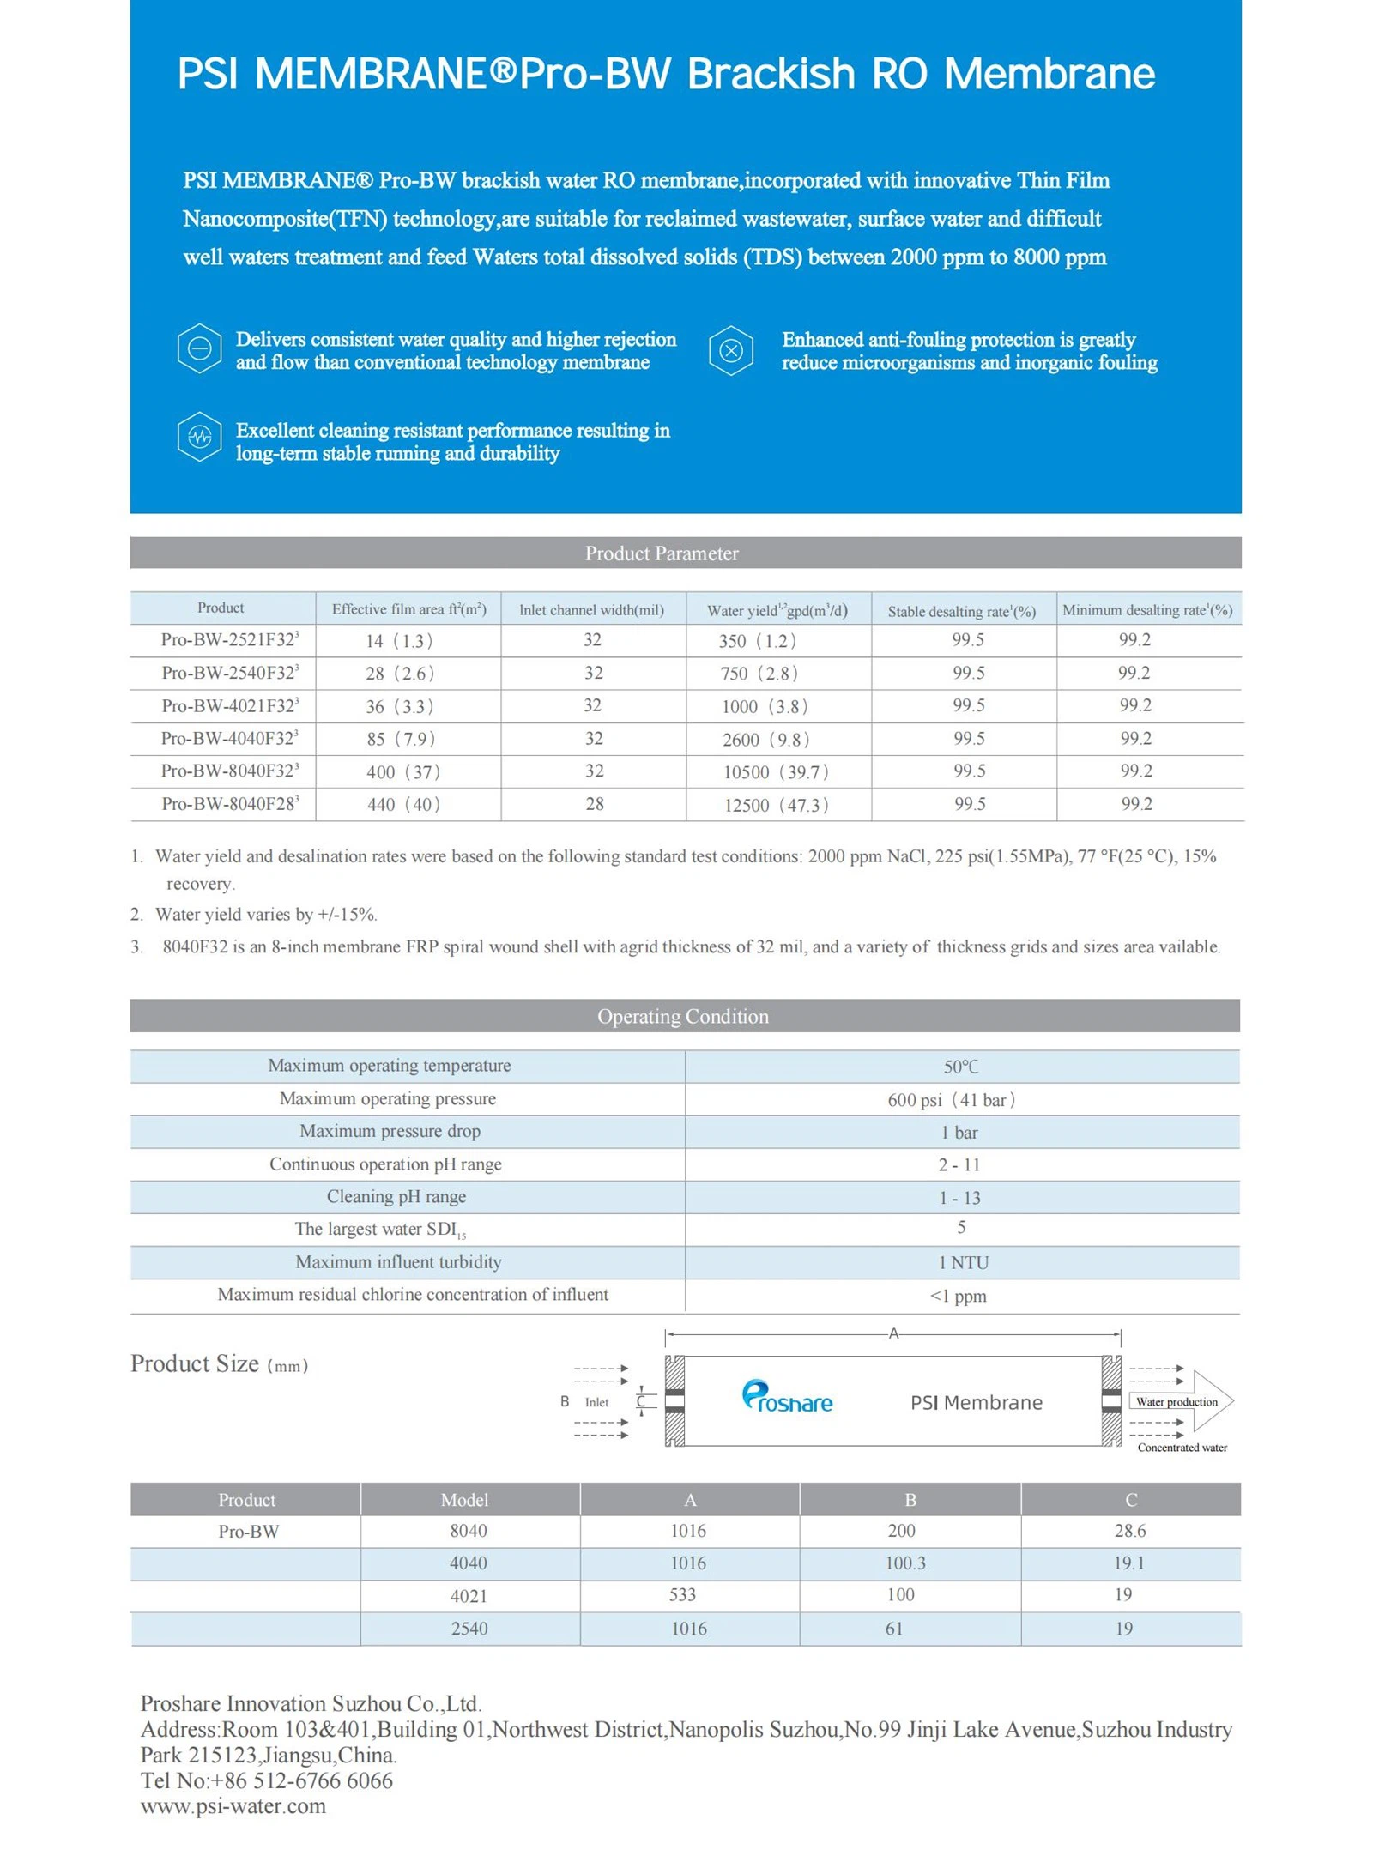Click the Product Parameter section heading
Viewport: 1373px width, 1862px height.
(x=661, y=553)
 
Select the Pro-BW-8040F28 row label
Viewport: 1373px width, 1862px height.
(x=229, y=804)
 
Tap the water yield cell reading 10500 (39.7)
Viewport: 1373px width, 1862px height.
(x=775, y=771)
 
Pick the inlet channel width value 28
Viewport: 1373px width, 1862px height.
(x=594, y=804)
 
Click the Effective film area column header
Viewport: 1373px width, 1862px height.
(x=408, y=609)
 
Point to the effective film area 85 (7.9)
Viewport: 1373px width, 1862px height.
(x=400, y=739)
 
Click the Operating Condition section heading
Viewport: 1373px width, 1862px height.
(x=682, y=1016)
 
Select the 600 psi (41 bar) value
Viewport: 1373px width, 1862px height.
(x=951, y=1099)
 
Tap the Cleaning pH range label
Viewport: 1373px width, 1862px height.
(x=396, y=1196)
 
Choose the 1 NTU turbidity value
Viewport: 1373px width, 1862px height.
(x=963, y=1262)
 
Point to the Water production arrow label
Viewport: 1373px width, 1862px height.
(x=1176, y=1402)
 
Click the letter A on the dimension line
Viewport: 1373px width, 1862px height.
(x=892, y=1333)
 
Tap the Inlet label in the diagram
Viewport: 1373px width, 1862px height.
(x=596, y=1402)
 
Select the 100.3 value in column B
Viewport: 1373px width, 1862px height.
(x=904, y=1563)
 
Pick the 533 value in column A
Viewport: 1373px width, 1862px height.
(x=682, y=1594)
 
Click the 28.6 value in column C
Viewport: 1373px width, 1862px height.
(x=1129, y=1530)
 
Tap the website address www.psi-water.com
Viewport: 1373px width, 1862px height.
(x=233, y=1805)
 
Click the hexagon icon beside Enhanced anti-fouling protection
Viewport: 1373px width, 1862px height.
(x=730, y=349)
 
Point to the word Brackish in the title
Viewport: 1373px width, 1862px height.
(x=771, y=74)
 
